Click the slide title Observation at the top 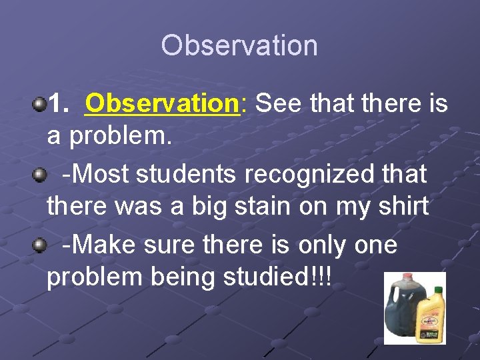tap(239, 45)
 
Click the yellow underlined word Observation tap(162, 103)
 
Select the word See tap(275, 103)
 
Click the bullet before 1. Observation tap(40, 103)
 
